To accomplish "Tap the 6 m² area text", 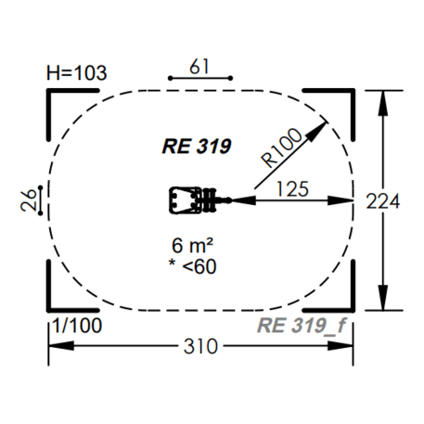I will [193, 247].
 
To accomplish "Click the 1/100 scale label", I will [77, 326].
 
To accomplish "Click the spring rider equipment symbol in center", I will [195, 199].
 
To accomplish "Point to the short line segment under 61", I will [198, 80].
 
